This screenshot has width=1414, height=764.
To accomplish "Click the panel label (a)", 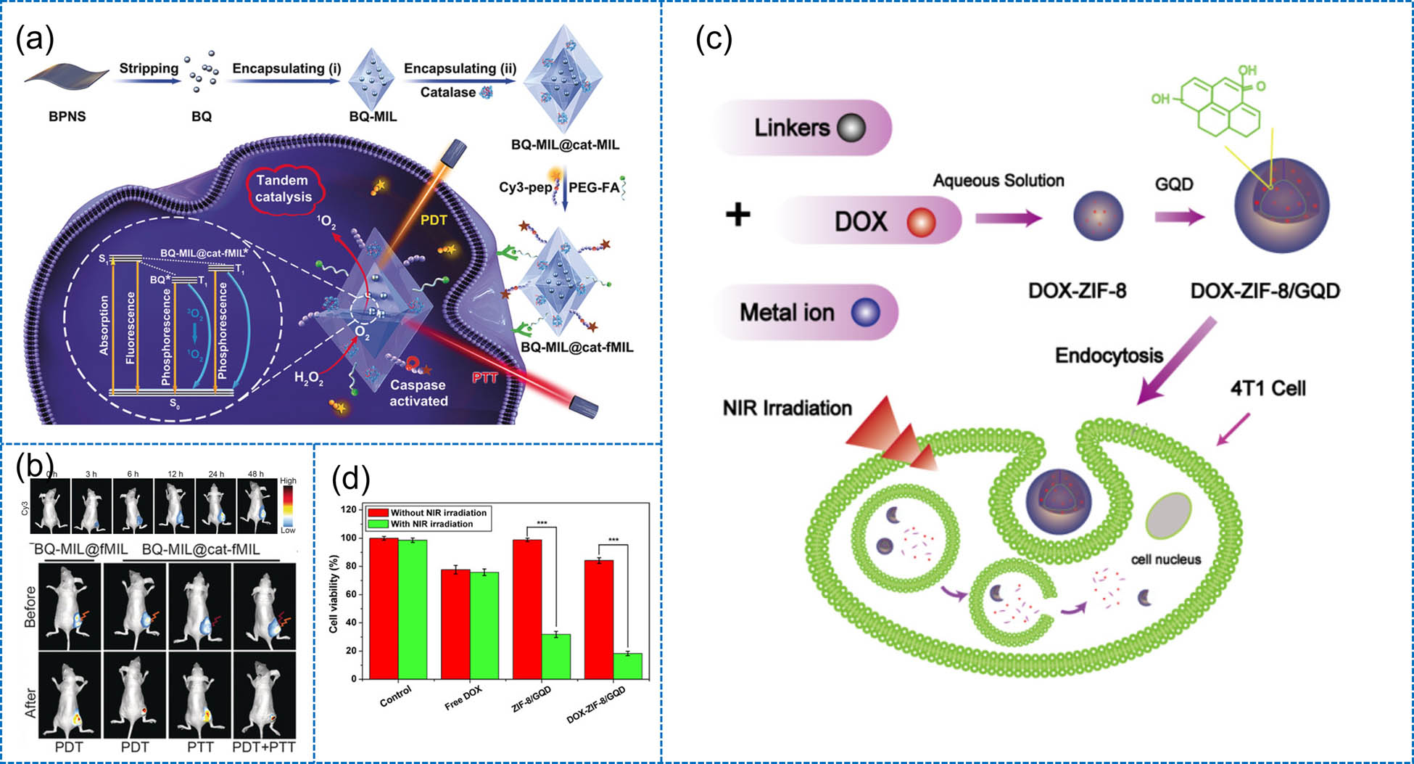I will coord(35,39).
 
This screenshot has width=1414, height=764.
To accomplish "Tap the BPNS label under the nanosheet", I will coord(67,116).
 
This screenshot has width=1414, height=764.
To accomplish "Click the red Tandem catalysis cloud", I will coord(284,189).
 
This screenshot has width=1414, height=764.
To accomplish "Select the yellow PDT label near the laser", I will coord(434,220).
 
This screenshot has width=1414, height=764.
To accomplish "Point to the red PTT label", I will coord(484,377).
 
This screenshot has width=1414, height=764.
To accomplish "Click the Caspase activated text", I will coord(418,393).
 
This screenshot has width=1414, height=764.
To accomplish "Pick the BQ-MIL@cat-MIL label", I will coord(565,144).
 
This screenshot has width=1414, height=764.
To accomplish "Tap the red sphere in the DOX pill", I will coord(921,221).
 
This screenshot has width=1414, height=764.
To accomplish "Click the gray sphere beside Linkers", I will coord(851,128).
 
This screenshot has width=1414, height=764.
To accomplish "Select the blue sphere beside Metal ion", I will coord(865,312).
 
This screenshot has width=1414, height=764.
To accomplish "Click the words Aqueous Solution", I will coord(998,181).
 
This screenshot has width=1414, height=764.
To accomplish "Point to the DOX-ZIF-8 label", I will coord(1077,291).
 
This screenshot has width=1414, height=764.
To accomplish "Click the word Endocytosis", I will coord(1109,356).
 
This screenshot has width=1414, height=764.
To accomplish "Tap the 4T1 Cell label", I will coord(1268,389).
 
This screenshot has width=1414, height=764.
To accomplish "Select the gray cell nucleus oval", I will coord(1167,525).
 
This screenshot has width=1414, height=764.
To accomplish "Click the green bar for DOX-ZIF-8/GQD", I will coord(627,666).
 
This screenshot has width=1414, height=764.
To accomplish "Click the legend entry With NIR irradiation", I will coord(431,524).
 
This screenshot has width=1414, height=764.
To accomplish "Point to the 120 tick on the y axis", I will coord(348,509).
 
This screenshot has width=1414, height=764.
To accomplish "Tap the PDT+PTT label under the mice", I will coord(264,747).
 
